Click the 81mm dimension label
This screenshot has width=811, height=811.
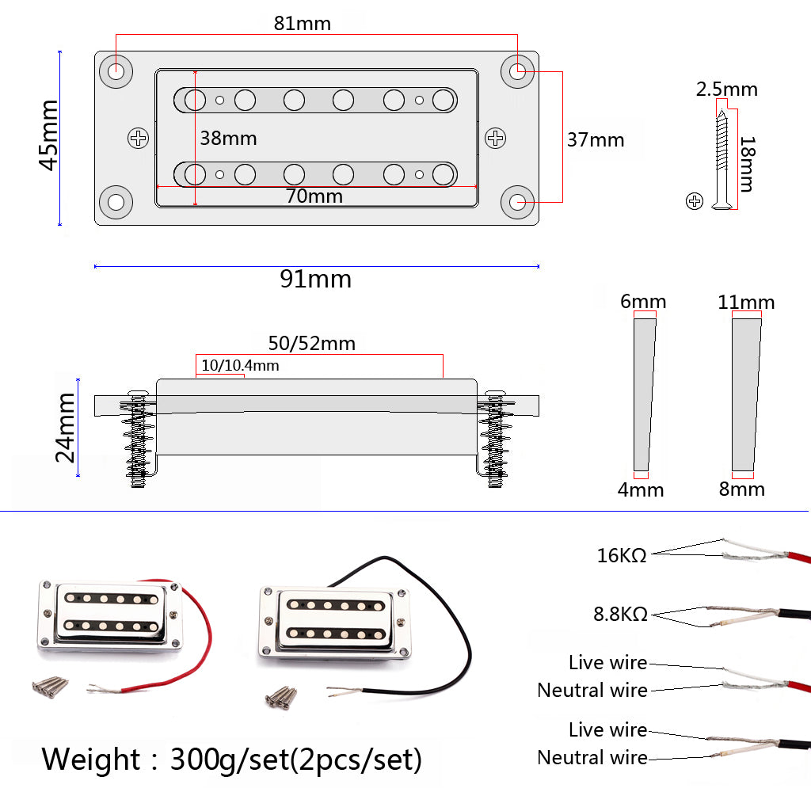[x=303, y=23]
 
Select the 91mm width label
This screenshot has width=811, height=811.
[x=315, y=279]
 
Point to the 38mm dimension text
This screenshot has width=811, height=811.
[x=228, y=138]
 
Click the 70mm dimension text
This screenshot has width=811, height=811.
[x=314, y=196]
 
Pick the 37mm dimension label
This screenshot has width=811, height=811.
[x=596, y=140]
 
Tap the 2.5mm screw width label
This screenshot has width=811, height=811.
[x=726, y=89]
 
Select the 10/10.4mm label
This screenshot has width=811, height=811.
[x=240, y=366]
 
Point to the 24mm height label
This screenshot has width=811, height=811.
[x=65, y=428]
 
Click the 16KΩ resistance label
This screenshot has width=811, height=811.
[x=622, y=555]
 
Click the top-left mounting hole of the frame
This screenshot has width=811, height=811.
[x=116, y=70]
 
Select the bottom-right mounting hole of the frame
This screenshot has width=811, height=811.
[x=519, y=202]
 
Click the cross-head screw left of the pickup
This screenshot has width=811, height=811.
[x=139, y=139]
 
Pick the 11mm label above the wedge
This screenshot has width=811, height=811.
[x=746, y=302]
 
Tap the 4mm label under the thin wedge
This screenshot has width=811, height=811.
[x=641, y=489]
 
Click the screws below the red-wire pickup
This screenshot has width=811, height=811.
[x=50, y=686]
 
